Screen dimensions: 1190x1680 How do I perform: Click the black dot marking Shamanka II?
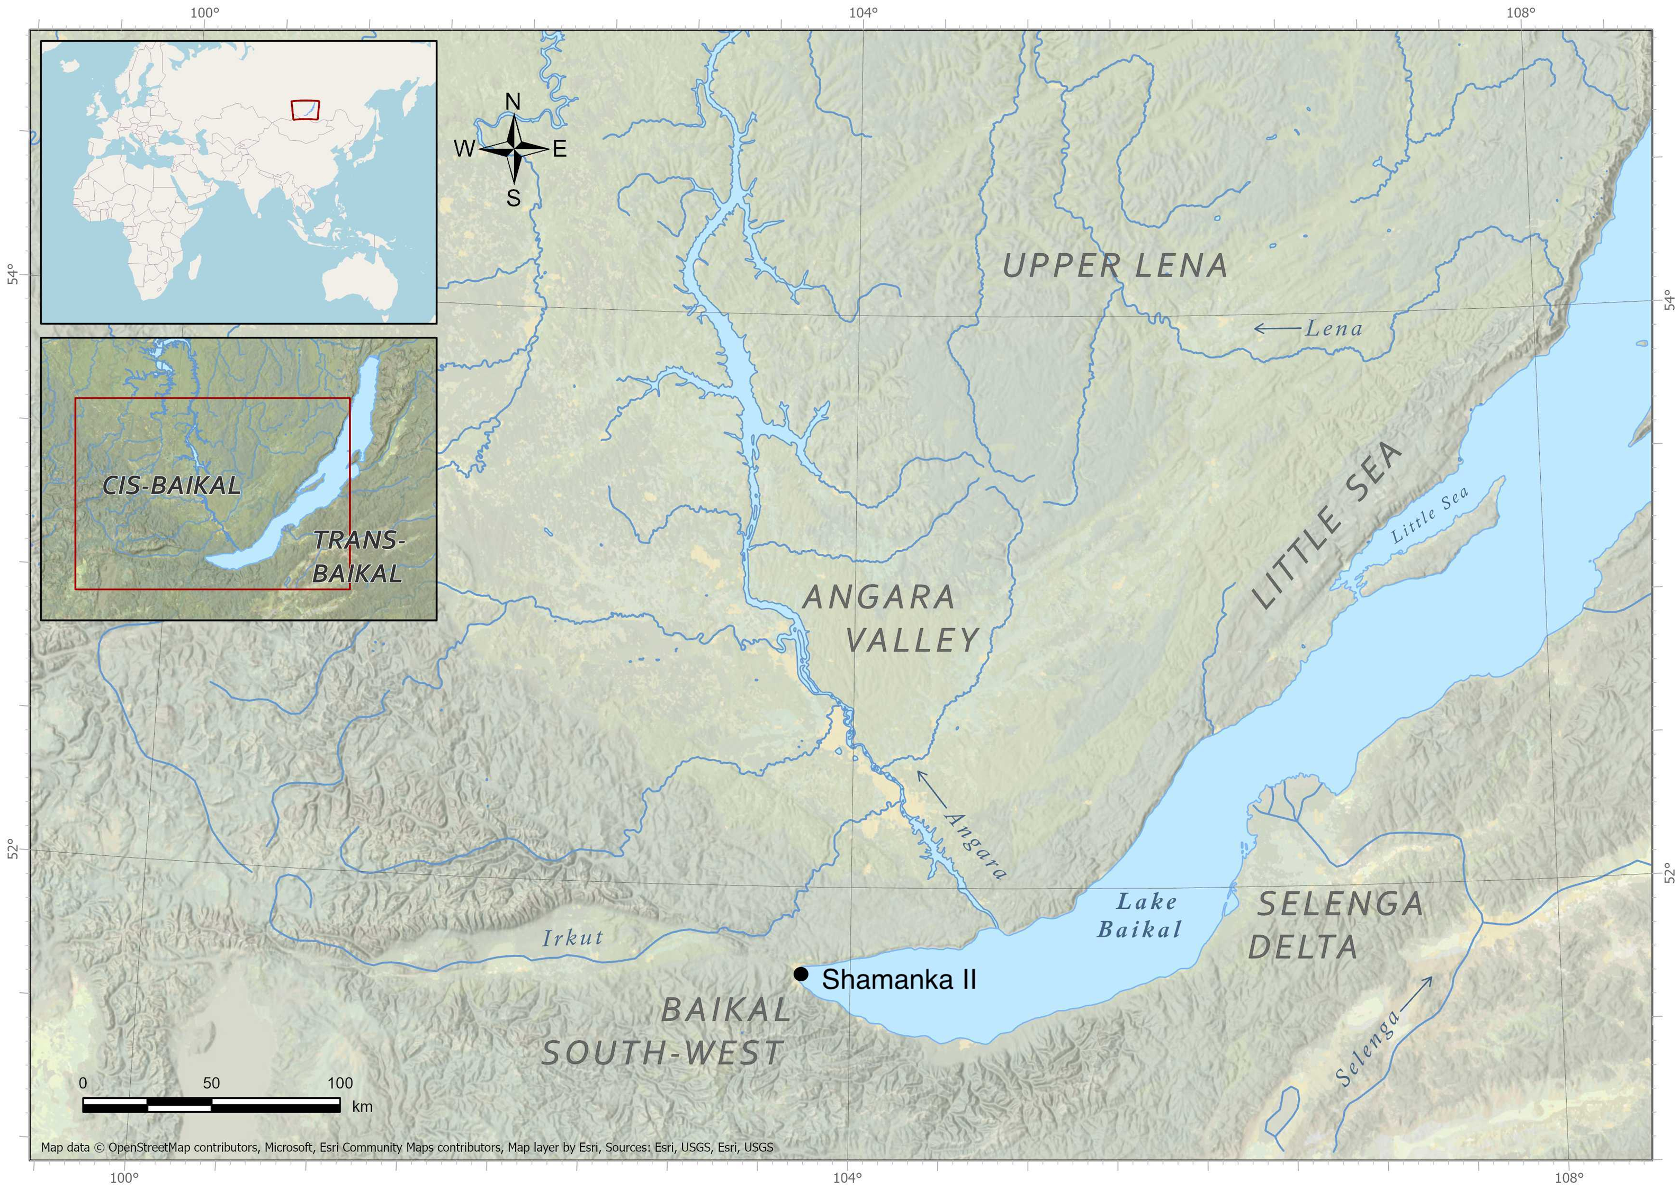click(800, 974)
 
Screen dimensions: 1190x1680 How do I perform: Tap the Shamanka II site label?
click(899, 980)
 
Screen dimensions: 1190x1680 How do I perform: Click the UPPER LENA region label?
click(1115, 265)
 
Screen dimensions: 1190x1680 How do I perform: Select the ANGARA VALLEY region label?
click(890, 619)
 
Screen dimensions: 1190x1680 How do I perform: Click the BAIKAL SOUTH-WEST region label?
click(665, 1033)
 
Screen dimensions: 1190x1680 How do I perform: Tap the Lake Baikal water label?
click(1139, 916)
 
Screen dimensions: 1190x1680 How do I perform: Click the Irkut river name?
click(572, 937)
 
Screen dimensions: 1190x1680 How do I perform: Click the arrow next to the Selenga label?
click(1415, 993)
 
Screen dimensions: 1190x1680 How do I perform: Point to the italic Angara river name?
click(976, 845)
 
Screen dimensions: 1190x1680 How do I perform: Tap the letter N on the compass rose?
click(513, 102)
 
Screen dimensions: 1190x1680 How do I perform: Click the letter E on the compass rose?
click(559, 149)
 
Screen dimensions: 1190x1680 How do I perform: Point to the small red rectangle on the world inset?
click(305, 109)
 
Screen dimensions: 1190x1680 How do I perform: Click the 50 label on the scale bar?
click(211, 1083)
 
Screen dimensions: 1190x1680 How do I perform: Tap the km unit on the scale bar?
click(362, 1106)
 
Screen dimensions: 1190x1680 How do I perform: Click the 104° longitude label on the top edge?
click(863, 13)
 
